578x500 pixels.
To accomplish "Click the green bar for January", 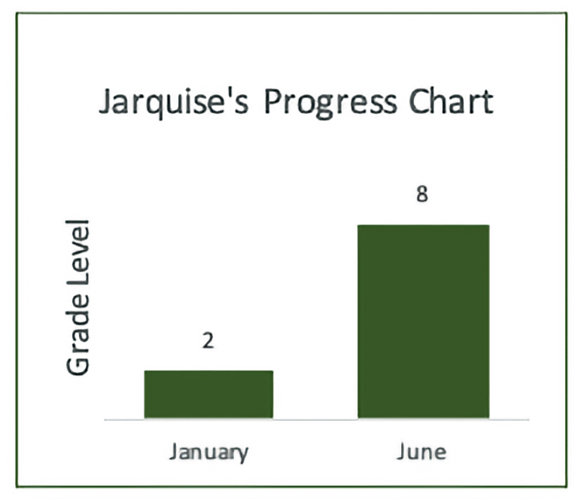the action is (x=208, y=394).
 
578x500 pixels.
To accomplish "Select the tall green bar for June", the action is (x=424, y=322).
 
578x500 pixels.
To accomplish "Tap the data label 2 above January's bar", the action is (x=208, y=340).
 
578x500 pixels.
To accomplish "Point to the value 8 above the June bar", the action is (x=422, y=194).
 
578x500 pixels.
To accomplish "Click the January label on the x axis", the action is (x=208, y=453).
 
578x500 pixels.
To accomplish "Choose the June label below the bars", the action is (x=421, y=452).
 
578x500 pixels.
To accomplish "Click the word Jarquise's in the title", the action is (x=174, y=103).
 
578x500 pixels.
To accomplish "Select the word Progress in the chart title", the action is (x=330, y=104).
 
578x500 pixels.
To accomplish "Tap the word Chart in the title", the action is (x=451, y=101).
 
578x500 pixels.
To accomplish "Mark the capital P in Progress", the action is (x=273, y=102).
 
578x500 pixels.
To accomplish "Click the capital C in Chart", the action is (x=418, y=102).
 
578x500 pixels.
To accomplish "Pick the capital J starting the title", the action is (x=106, y=102).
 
